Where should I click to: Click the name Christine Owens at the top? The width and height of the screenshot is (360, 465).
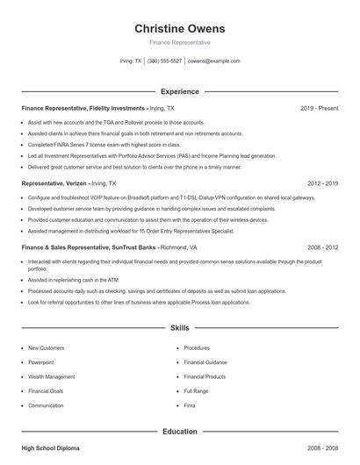180,28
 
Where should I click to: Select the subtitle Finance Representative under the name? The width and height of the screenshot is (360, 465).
180,42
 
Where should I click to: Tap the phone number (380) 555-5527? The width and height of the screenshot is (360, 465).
165,61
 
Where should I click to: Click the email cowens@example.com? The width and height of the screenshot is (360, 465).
214,61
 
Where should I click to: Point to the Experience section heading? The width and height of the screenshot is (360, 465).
180,91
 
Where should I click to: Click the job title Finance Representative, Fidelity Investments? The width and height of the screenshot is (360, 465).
83,108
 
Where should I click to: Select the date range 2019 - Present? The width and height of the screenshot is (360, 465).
319,108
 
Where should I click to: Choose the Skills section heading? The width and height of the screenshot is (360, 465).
180,328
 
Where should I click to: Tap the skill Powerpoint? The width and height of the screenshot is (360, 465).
41,362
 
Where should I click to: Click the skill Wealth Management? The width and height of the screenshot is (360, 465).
51,376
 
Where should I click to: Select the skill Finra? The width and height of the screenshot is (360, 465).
191,405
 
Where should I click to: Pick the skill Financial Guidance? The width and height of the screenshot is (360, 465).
205,362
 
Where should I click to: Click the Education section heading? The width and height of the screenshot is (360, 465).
180,432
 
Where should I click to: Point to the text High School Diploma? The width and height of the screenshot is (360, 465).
51,448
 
